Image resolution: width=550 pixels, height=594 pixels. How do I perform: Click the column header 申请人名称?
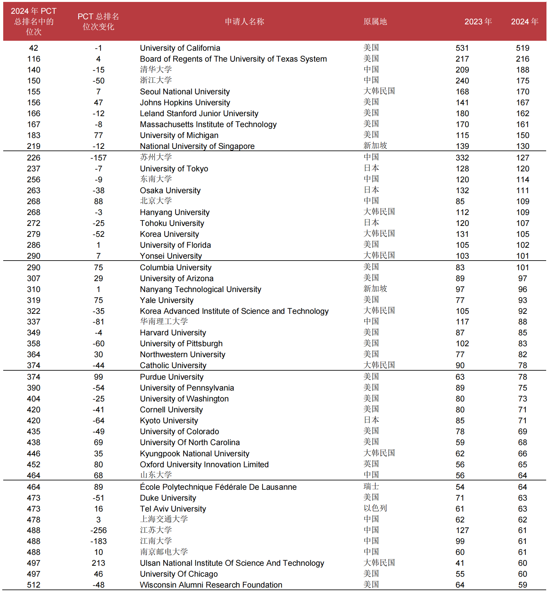point(245,22)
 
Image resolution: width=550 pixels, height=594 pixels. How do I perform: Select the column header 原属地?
point(375,22)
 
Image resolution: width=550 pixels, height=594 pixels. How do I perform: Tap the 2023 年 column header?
point(478,22)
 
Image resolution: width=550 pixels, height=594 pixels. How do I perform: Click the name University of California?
point(180,48)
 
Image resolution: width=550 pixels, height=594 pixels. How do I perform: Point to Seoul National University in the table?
point(185,92)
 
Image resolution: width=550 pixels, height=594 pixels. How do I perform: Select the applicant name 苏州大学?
point(156,157)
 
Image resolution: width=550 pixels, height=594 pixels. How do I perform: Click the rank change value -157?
point(98,158)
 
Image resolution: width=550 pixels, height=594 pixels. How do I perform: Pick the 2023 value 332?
point(462,158)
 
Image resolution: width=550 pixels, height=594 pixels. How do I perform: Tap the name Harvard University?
point(173,333)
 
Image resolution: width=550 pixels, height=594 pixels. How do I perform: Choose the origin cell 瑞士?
point(371,486)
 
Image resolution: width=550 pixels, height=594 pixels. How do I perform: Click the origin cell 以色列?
point(375,508)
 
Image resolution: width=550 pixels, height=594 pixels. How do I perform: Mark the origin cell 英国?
point(371,464)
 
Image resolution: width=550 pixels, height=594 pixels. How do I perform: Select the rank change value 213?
point(98,563)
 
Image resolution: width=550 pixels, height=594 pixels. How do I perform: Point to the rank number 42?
point(34,48)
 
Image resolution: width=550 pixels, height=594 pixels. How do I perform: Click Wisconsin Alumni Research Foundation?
point(211,585)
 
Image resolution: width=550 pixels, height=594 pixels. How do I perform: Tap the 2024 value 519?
point(522,48)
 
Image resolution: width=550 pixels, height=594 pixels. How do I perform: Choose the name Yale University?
point(167,300)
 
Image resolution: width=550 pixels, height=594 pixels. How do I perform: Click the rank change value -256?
point(98,530)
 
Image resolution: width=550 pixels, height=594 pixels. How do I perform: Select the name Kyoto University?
point(169,421)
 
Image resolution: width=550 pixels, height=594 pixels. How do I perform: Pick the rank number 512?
point(34,585)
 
